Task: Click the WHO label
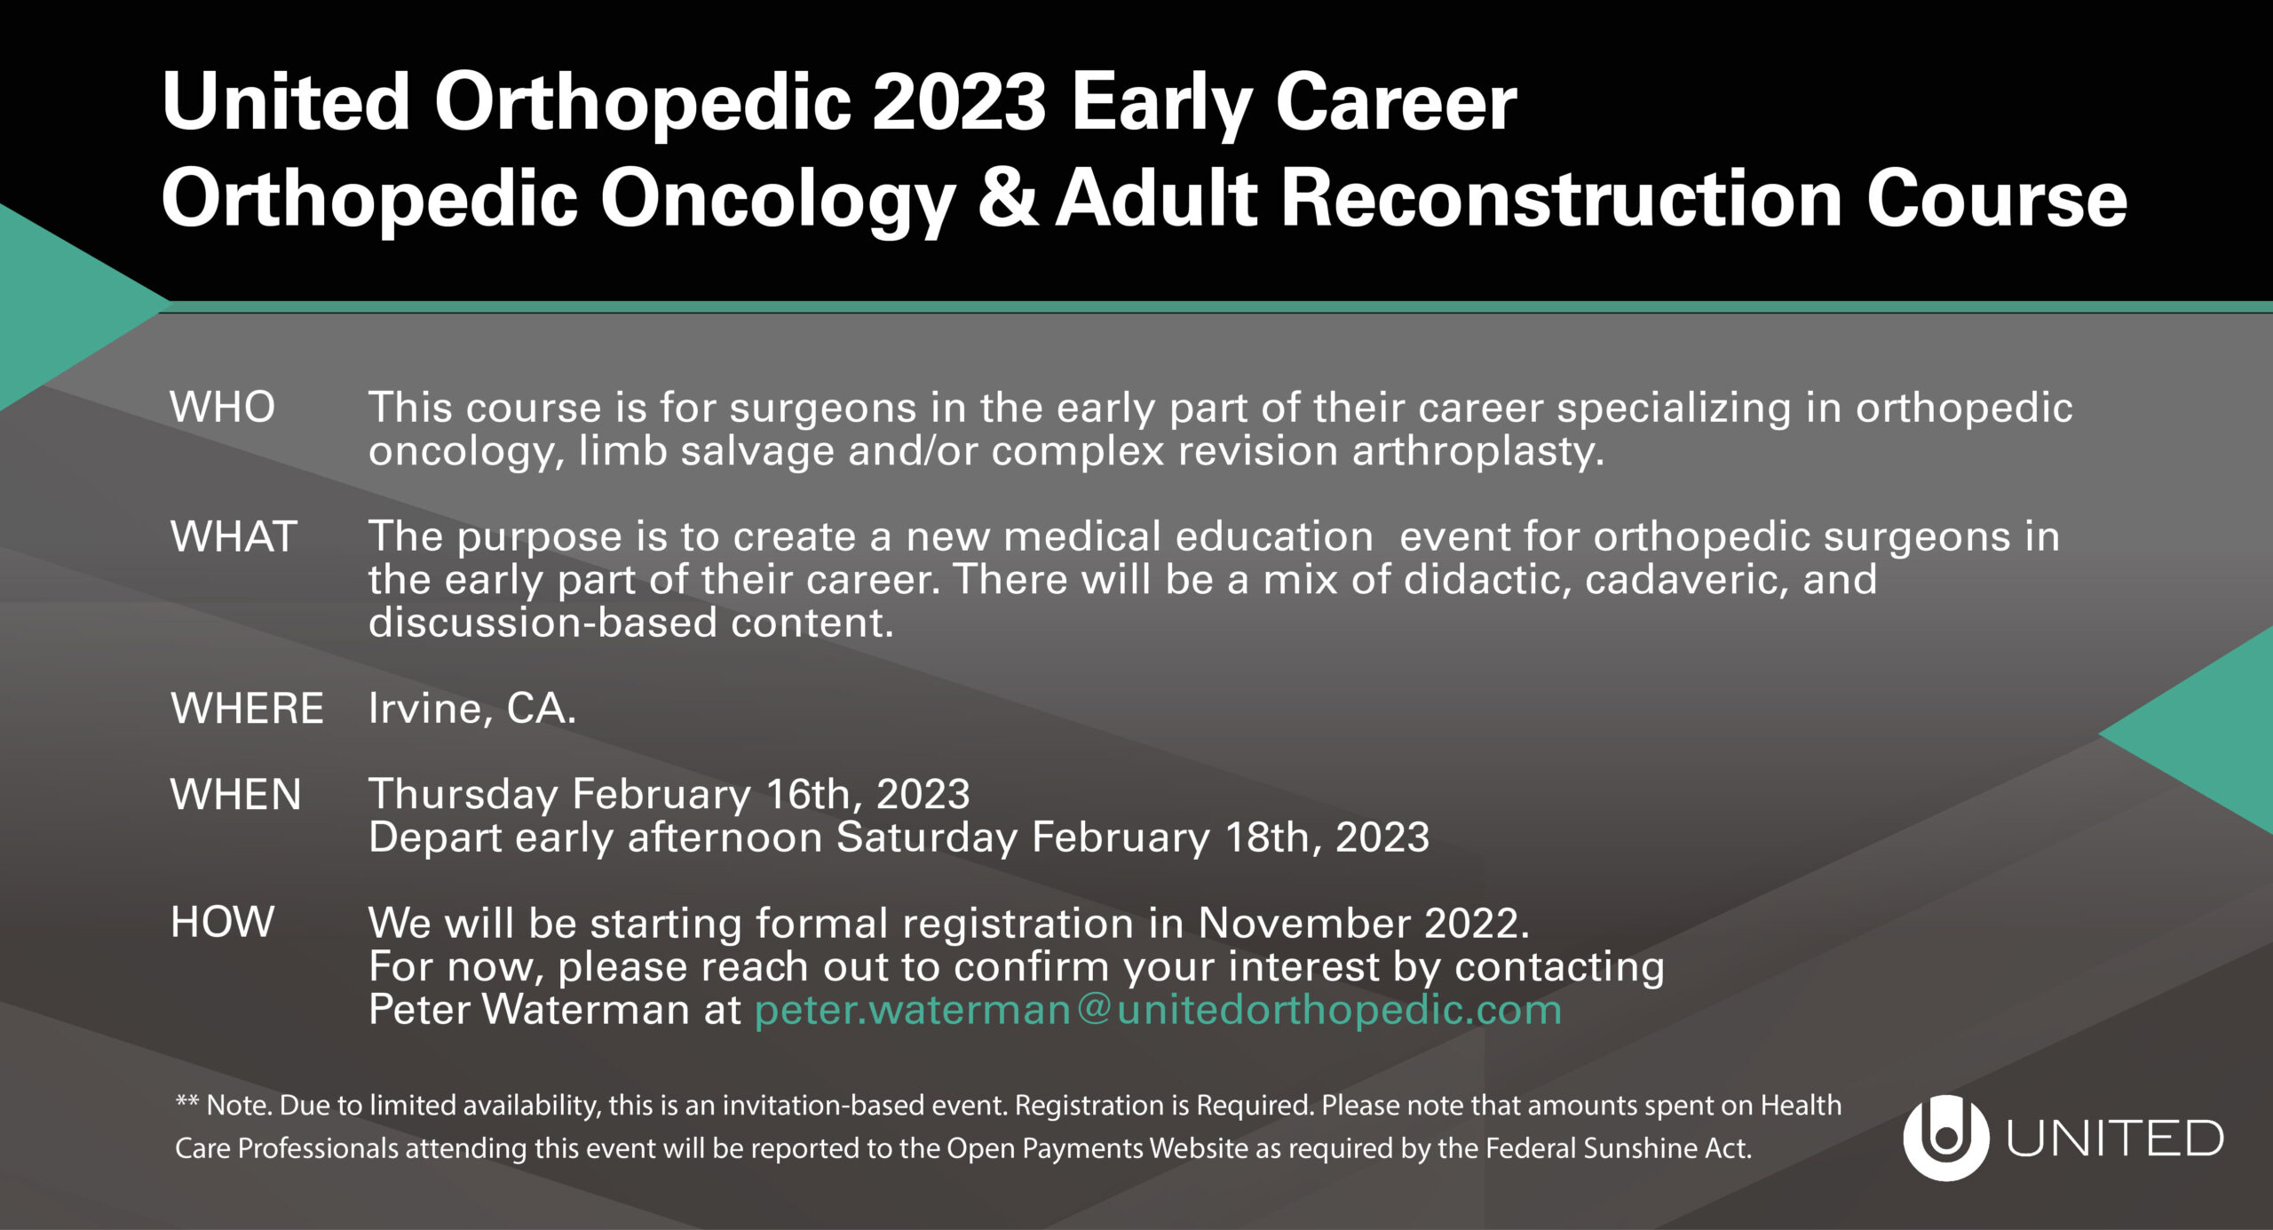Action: (223, 408)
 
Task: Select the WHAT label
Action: (234, 536)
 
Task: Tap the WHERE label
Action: (247, 709)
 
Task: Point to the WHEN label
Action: (236, 794)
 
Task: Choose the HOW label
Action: (222, 922)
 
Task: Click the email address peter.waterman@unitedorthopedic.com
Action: (1158, 1010)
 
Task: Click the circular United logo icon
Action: (1945, 1138)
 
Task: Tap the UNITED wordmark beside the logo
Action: (2115, 1139)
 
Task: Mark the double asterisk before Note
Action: (186, 1101)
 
